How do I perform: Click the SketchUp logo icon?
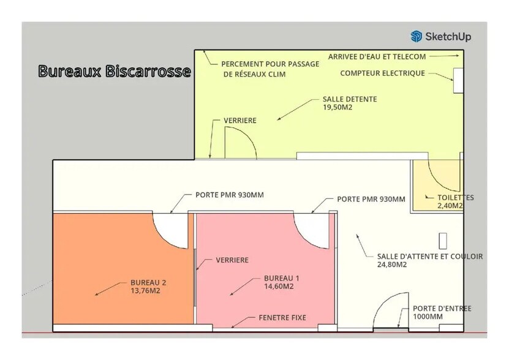click(x=417, y=36)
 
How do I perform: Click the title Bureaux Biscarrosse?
click(x=115, y=71)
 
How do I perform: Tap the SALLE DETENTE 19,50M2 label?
click(x=349, y=102)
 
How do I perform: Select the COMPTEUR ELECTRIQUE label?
click(x=382, y=73)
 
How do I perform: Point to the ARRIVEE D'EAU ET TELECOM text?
click(x=377, y=56)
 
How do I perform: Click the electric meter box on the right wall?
click(x=458, y=80)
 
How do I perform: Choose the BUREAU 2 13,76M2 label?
click(x=148, y=287)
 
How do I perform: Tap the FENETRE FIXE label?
click(x=282, y=318)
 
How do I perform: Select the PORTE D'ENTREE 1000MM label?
click(x=442, y=313)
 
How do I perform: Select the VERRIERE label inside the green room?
click(x=240, y=121)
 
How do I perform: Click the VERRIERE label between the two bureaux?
click(x=232, y=260)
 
